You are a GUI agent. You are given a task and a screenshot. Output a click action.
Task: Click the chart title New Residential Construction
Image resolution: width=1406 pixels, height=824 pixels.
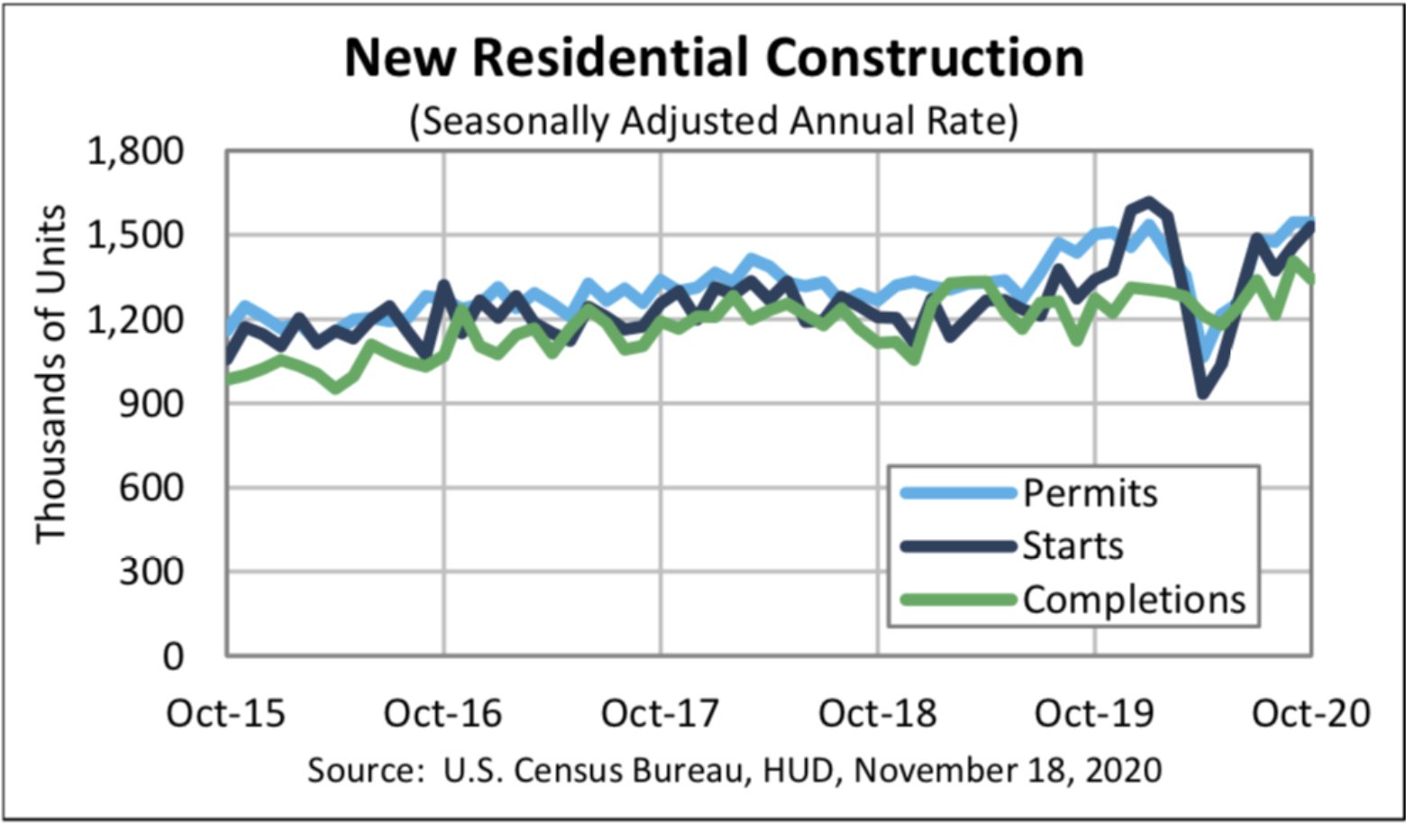(714, 58)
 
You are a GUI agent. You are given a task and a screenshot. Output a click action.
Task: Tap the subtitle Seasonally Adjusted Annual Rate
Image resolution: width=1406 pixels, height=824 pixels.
(714, 121)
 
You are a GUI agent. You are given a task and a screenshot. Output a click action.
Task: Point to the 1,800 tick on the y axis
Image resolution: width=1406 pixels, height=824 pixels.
(134, 151)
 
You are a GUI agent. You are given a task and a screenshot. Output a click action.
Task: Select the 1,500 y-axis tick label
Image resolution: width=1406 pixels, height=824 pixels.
(134, 235)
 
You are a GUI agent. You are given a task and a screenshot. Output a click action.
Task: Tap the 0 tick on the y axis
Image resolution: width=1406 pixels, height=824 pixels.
(172, 656)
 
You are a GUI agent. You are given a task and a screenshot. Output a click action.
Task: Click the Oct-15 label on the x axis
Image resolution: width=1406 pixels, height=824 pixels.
(225, 713)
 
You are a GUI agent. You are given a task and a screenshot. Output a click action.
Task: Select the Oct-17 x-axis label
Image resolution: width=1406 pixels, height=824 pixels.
(660, 713)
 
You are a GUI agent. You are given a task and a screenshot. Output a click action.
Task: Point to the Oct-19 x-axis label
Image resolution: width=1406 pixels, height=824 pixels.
(1094, 713)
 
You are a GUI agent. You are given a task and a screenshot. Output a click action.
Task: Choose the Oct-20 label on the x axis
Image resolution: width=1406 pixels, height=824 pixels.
(1311, 713)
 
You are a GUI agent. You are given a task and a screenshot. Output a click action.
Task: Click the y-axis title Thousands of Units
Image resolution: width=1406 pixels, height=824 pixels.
(50, 374)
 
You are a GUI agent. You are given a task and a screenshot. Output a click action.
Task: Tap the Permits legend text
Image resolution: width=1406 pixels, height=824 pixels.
(1090, 493)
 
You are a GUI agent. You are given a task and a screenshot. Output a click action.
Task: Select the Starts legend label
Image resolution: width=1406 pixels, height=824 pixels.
(1073, 546)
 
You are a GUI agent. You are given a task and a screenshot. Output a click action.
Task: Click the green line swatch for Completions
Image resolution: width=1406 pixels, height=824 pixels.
(958, 600)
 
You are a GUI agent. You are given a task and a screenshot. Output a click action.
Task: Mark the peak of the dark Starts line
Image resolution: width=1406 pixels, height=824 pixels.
(1148, 201)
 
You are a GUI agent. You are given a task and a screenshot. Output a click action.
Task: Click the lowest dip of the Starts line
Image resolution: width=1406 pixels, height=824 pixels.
(1203, 394)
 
